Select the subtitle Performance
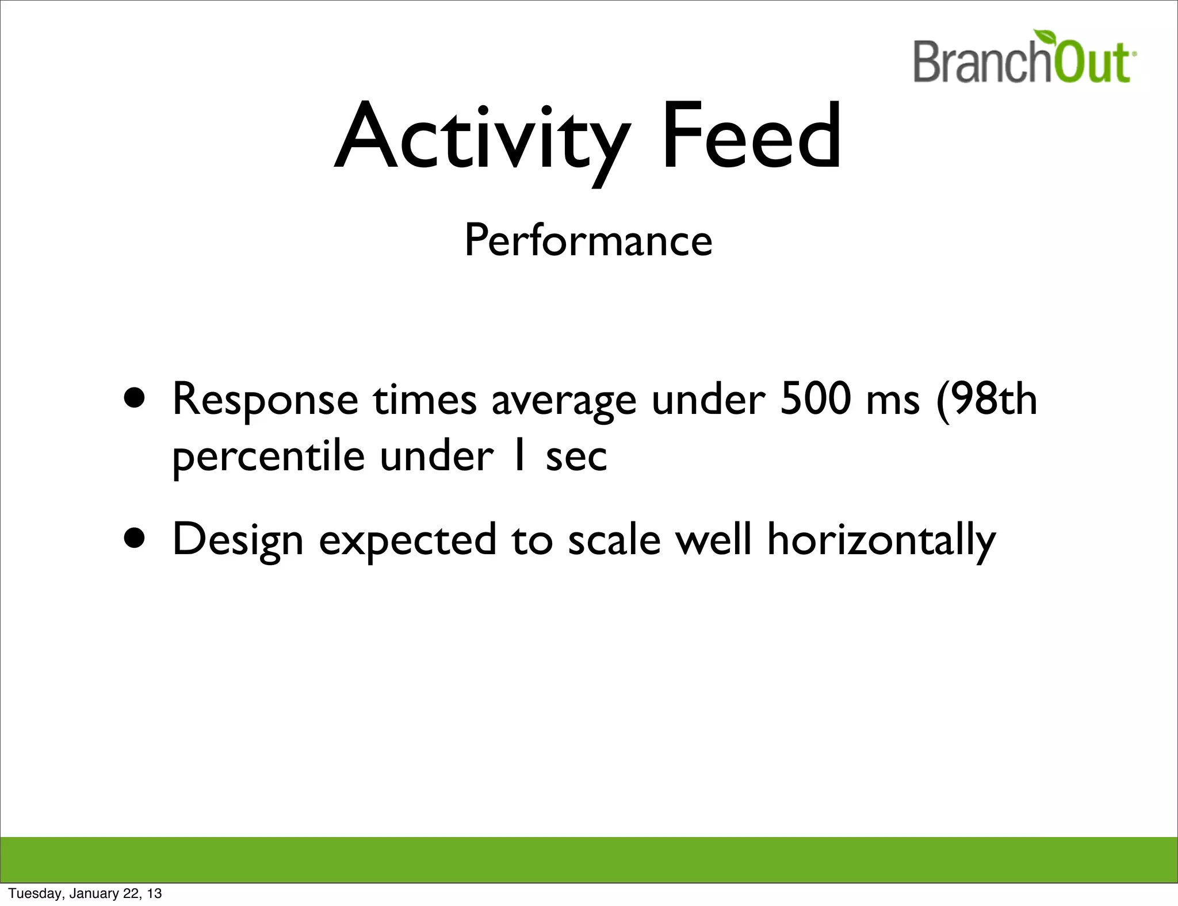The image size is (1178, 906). (x=588, y=240)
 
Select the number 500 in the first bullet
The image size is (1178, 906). (x=815, y=398)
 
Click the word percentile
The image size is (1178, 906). (x=269, y=458)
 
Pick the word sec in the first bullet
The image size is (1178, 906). (x=576, y=458)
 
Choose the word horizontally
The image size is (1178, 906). (x=881, y=540)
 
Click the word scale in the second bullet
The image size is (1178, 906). (x=614, y=540)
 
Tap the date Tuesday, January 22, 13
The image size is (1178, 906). (x=85, y=893)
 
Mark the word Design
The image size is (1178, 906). (x=238, y=540)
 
